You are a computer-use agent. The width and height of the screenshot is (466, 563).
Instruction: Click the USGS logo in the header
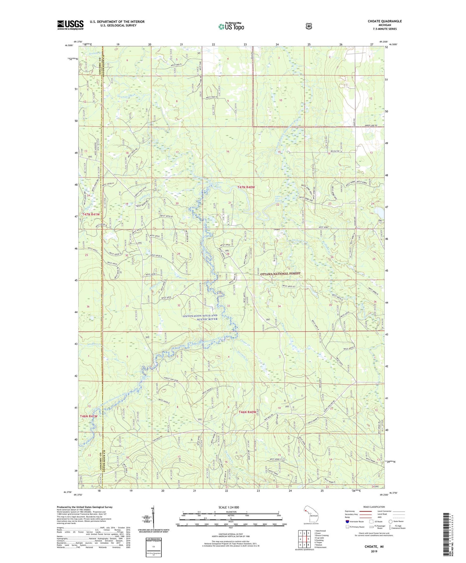71,25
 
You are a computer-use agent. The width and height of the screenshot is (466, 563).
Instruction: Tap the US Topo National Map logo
231,26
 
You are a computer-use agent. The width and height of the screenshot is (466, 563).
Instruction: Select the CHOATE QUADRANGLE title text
384,21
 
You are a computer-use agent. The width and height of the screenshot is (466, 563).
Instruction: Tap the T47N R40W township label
246,187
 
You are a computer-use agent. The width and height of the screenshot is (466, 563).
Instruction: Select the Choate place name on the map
277,229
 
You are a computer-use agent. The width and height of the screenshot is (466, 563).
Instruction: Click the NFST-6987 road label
325,227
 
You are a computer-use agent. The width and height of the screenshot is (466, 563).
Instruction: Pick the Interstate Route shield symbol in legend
347,521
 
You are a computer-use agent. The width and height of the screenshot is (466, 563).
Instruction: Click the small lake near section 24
379,211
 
